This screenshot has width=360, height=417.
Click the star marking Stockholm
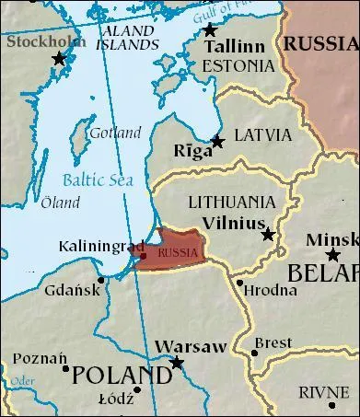click(x=60, y=58)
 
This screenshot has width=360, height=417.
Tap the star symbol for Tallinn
click(x=209, y=30)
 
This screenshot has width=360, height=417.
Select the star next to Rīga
click(x=217, y=141)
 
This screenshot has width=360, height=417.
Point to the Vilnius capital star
click(x=268, y=235)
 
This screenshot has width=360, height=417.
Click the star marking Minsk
click(x=332, y=254)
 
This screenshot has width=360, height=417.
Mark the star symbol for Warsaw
click(x=177, y=363)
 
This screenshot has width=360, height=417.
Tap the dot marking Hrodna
click(x=240, y=282)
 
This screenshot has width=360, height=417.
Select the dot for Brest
click(x=254, y=352)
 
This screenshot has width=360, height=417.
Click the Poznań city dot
click(x=65, y=368)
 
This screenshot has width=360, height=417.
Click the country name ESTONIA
click(x=238, y=65)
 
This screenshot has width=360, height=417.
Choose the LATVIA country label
click(x=264, y=135)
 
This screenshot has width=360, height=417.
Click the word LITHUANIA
click(x=231, y=201)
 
